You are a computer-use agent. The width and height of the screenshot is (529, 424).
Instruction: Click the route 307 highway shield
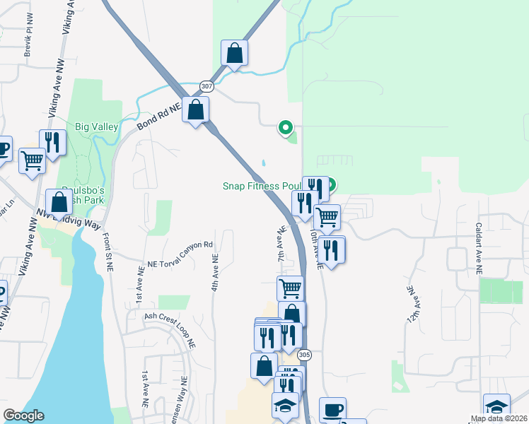pos(207,86)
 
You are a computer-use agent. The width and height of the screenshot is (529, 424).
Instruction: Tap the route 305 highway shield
pos(304,354)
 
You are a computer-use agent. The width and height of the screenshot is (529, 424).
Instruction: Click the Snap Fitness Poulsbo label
pos(262,186)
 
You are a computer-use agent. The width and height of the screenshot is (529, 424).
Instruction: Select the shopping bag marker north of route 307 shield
pos(234,53)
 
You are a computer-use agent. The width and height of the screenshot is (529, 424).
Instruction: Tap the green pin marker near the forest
pos(286,127)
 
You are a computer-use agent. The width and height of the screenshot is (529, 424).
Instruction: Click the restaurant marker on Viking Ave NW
pos(52,142)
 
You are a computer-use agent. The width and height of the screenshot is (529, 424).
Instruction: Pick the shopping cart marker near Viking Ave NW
pos(33,160)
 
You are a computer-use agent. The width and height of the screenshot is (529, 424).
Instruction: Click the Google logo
pos(23,416)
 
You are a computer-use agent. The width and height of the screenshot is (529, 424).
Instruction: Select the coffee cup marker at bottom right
pos(332,410)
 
